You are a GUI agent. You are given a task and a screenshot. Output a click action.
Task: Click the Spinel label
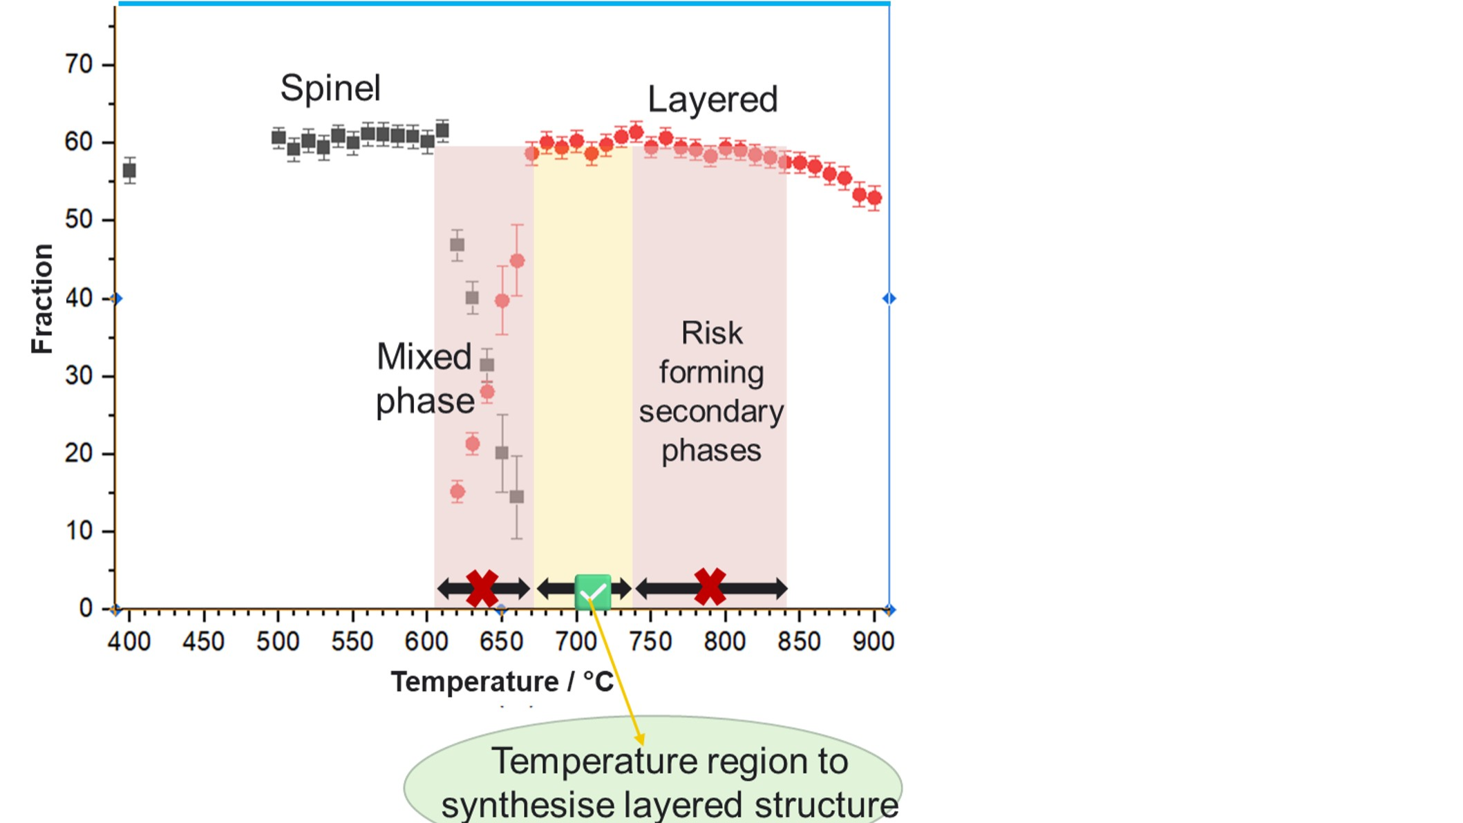click(x=330, y=88)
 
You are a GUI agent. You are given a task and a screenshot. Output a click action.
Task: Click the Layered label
click(x=712, y=100)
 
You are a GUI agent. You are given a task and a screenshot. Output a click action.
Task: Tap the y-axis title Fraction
click(x=42, y=299)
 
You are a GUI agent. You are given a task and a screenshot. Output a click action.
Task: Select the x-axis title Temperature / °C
click(x=502, y=682)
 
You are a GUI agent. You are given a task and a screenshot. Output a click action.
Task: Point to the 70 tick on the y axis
click(x=79, y=65)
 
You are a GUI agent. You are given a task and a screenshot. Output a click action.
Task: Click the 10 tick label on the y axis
click(x=79, y=531)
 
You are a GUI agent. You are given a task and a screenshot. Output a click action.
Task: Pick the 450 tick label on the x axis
click(x=203, y=642)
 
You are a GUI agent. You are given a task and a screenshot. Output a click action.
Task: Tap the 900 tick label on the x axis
click(x=874, y=642)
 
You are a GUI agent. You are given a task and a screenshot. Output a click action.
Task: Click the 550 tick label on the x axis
click(x=352, y=642)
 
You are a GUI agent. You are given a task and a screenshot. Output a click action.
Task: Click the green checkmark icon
click(x=593, y=592)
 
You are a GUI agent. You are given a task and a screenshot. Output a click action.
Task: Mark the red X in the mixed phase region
click(x=482, y=589)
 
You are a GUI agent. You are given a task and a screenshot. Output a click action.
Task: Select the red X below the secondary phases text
click(x=710, y=587)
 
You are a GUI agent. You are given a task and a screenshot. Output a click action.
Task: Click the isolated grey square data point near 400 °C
click(x=129, y=171)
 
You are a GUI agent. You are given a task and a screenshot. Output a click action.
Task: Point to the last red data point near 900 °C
click(x=874, y=198)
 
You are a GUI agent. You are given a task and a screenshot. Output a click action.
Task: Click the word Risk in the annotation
click(x=712, y=334)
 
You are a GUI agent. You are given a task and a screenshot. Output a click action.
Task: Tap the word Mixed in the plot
click(x=424, y=358)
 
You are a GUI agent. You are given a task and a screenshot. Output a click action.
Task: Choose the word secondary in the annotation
click(x=711, y=413)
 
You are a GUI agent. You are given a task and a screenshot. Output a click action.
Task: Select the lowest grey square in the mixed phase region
click(x=517, y=497)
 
